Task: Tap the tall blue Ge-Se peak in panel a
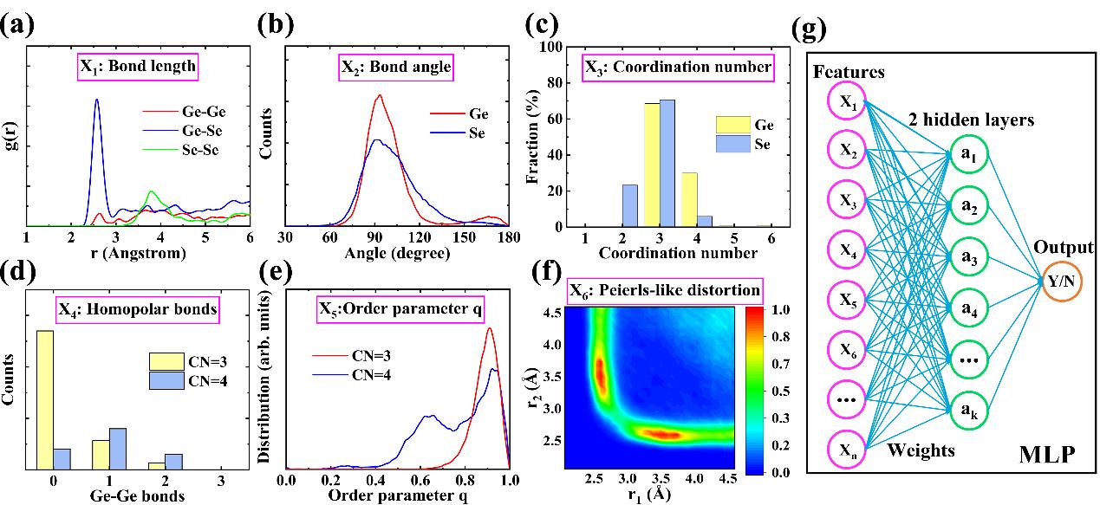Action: [96, 102]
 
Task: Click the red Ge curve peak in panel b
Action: [379, 96]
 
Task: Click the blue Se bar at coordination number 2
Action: [630, 205]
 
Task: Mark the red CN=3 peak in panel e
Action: [490, 330]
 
